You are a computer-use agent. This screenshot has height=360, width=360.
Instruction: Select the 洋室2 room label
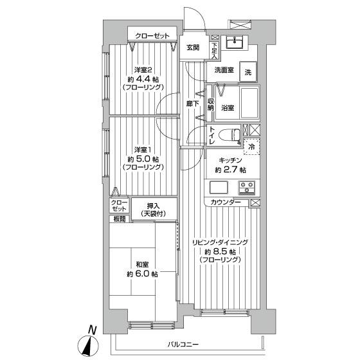(143, 69)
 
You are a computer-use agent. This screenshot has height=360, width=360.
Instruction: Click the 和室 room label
(143, 264)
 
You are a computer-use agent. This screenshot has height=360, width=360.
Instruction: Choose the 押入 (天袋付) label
(153, 209)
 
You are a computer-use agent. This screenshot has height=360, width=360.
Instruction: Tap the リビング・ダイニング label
(219, 242)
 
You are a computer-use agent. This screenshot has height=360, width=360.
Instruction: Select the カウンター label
(226, 203)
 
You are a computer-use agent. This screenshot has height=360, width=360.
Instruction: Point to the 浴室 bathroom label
(227, 107)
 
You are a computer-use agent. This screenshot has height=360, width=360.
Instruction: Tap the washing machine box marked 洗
(248, 71)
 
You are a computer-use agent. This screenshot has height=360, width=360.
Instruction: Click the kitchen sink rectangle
(219, 189)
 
